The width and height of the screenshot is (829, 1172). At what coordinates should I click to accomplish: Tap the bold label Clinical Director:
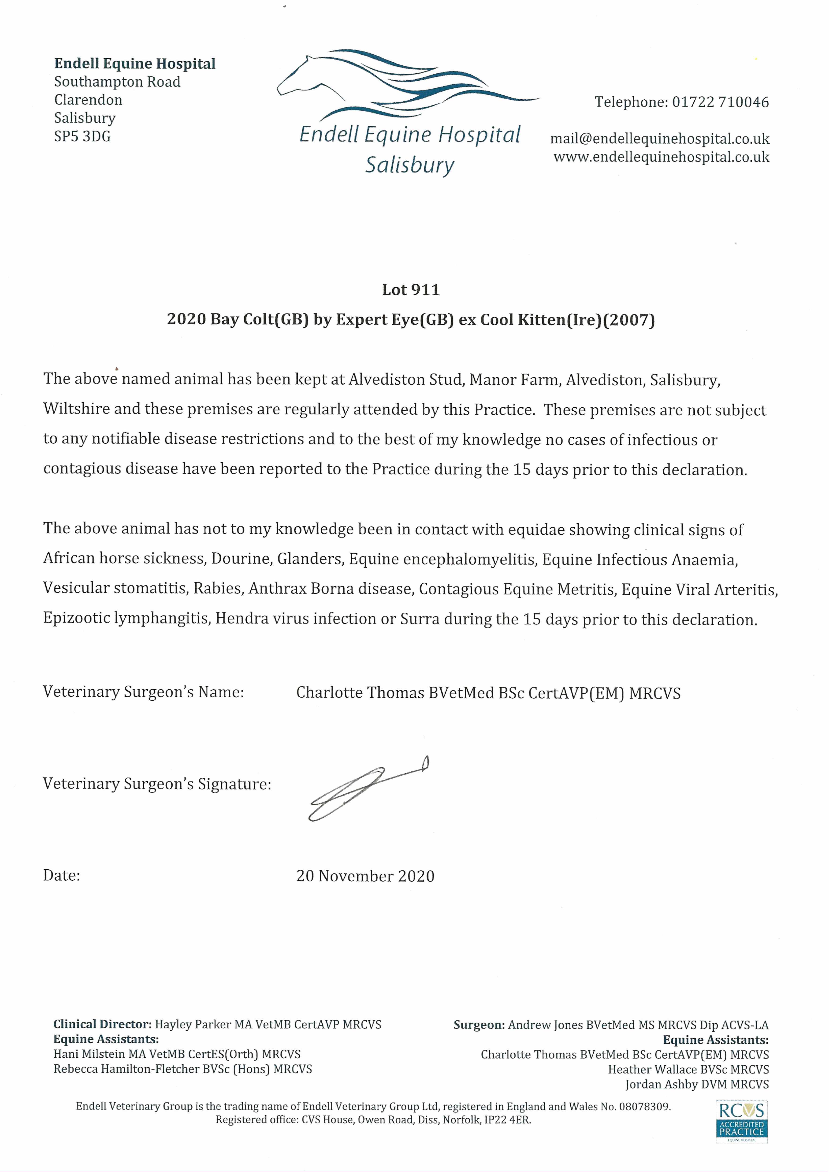pyautogui.click(x=102, y=1024)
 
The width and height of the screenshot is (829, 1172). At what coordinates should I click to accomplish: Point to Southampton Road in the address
pyautogui.click(x=117, y=82)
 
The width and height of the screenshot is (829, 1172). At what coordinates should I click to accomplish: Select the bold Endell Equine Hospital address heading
pyautogui.click(x=135, y=64)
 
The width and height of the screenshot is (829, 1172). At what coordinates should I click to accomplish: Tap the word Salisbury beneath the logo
pyautogui.click(x=409, y=165)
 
